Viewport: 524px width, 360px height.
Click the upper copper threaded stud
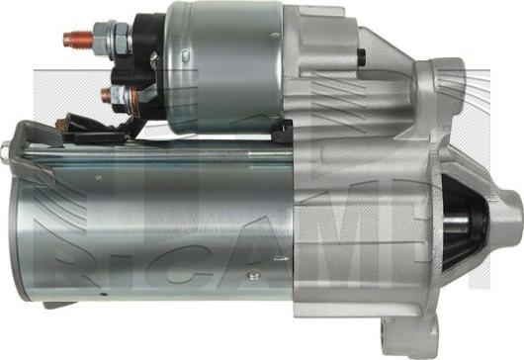coord(76,41)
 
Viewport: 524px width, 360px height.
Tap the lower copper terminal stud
coord(105,95)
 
